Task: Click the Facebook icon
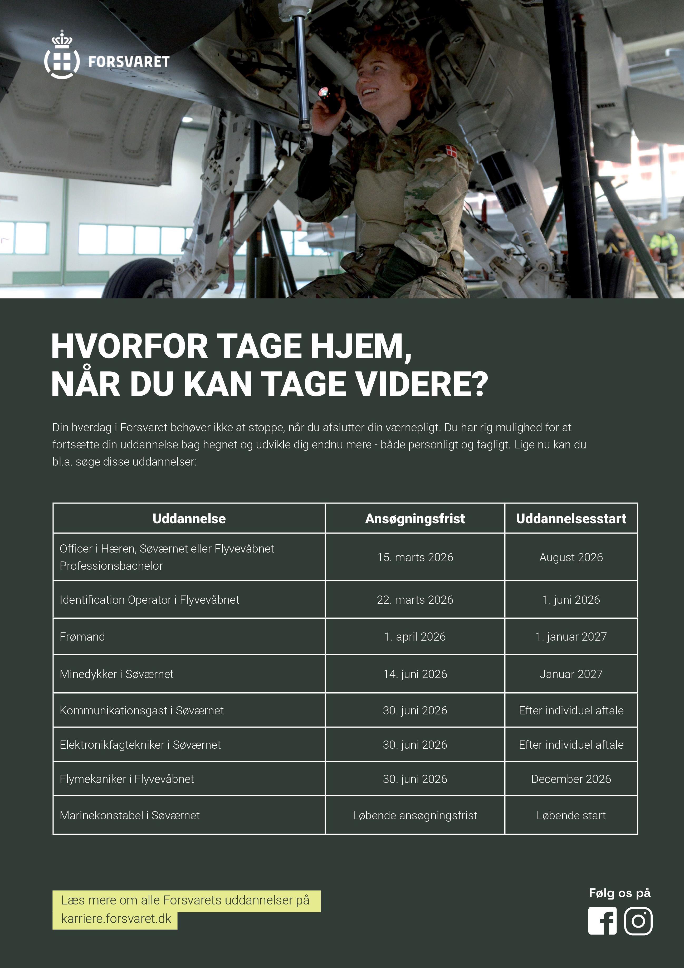[x=602, y=921]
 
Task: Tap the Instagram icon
[x=638, y=921]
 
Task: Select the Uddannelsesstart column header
[x=571, y=518]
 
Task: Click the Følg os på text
[x=619, y=893]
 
